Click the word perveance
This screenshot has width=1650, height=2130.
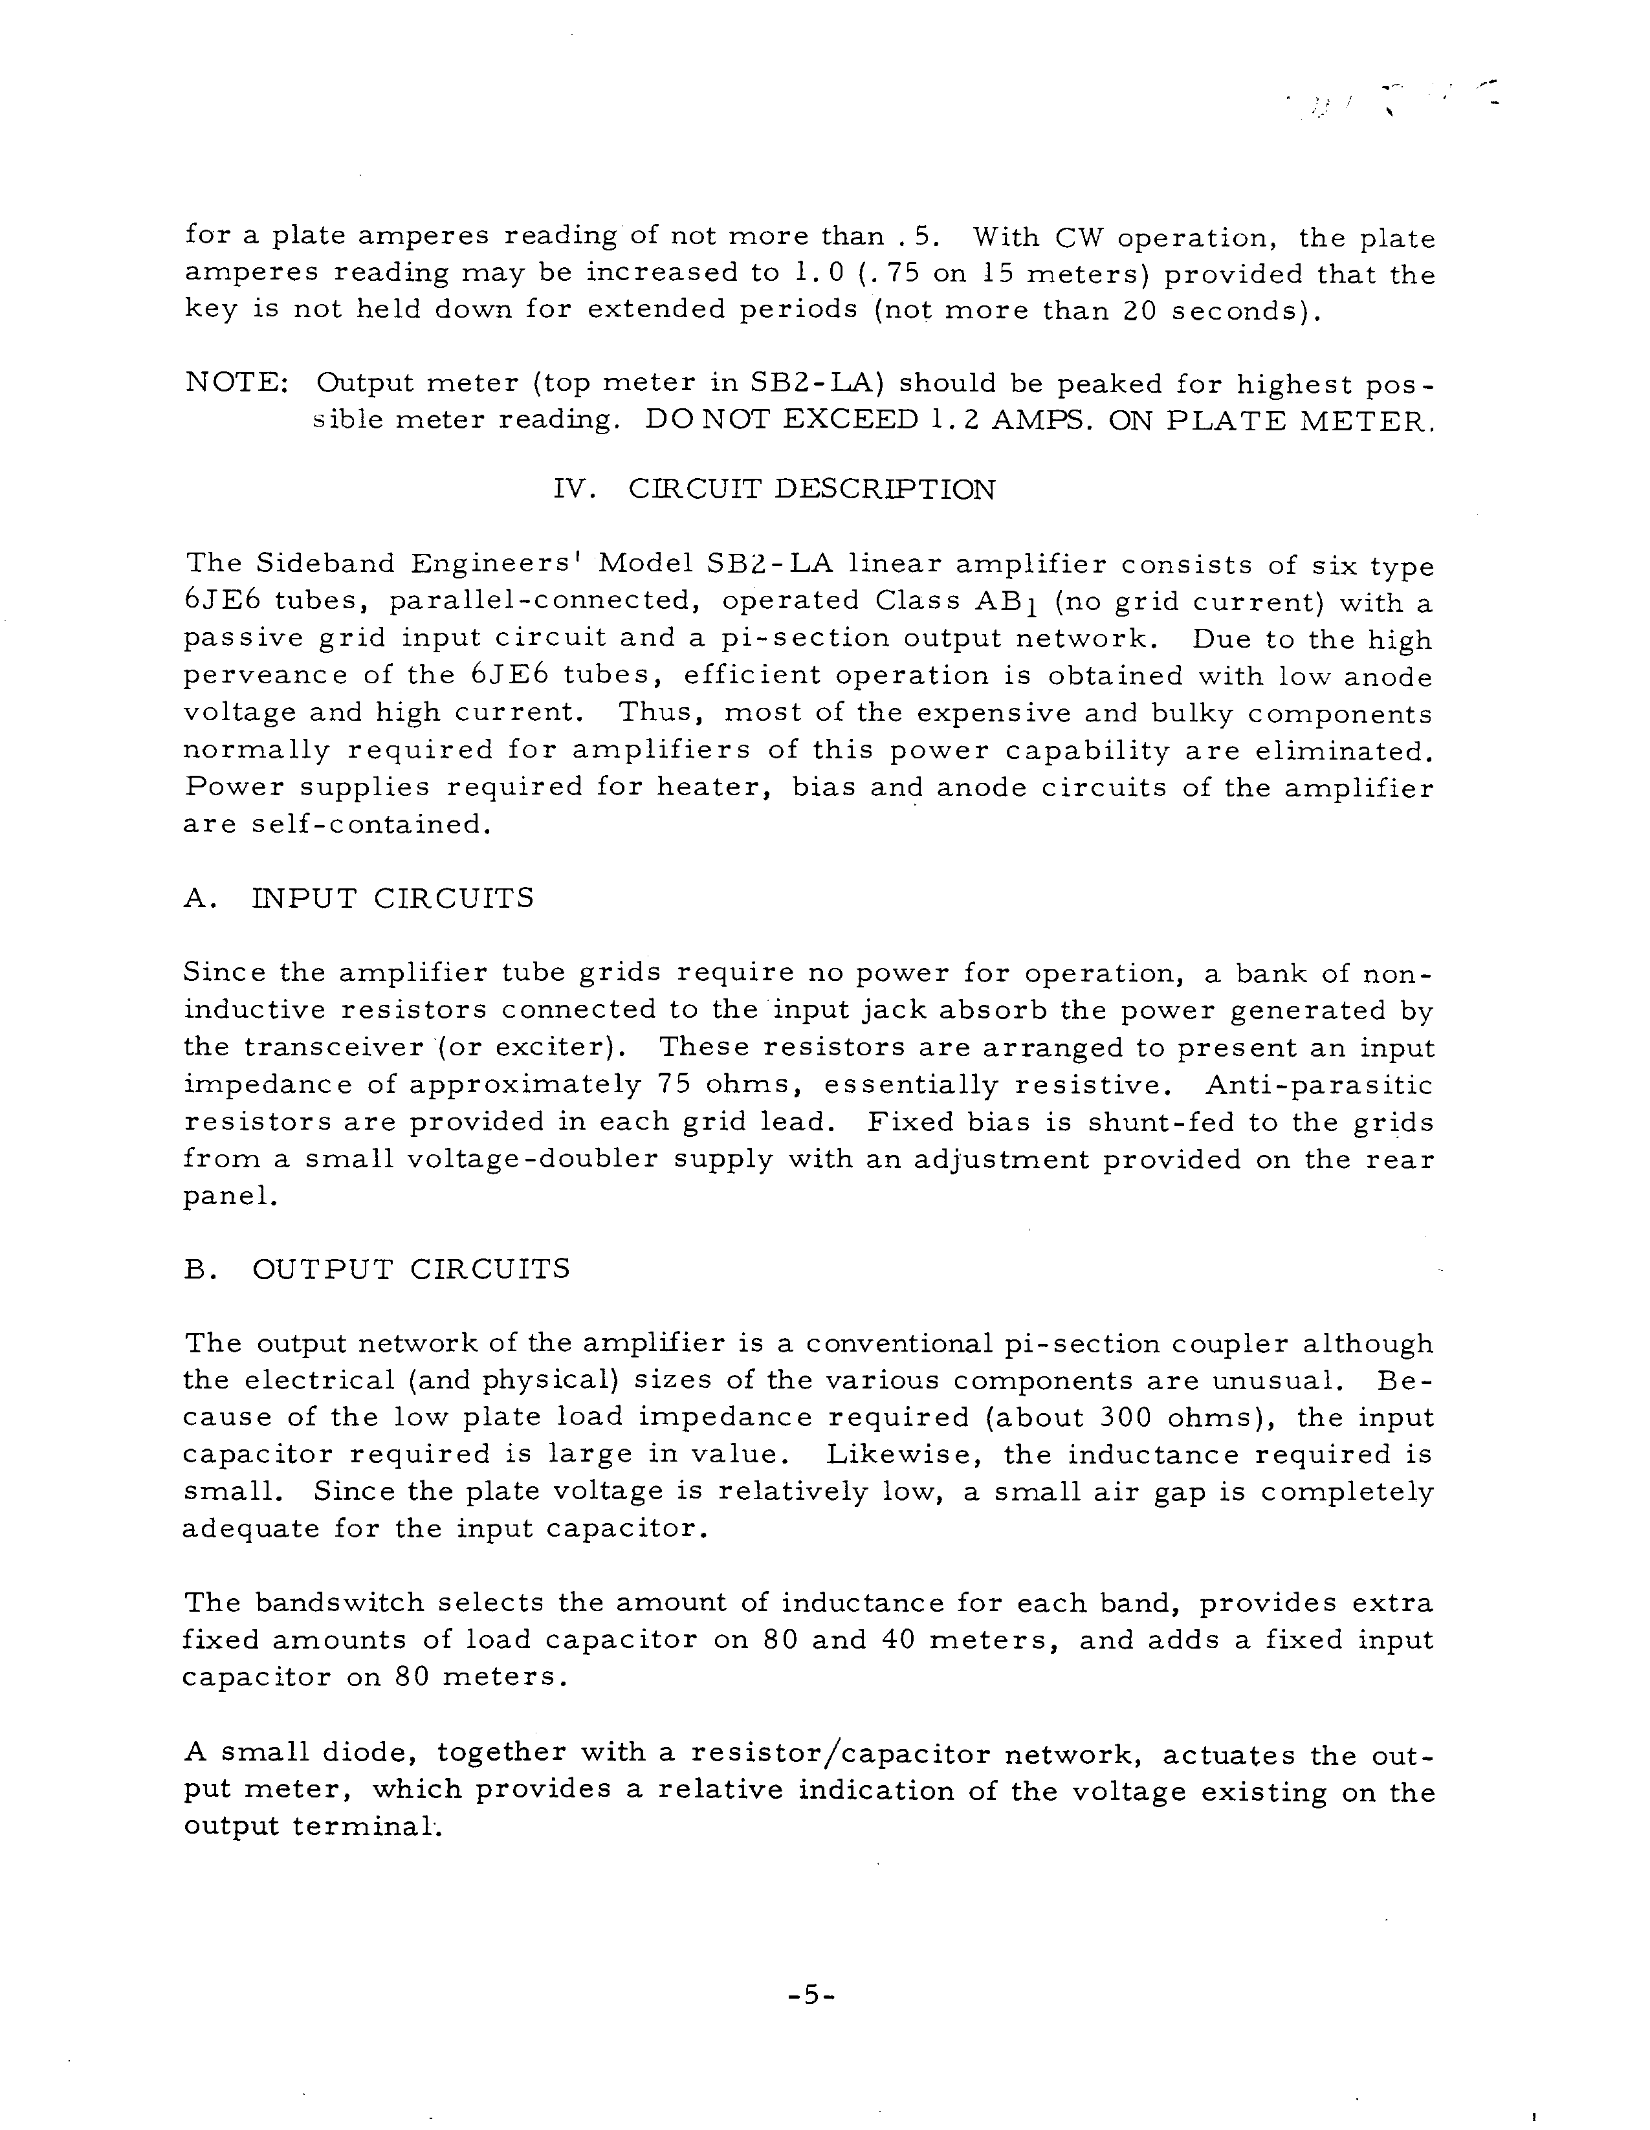(x=265, y=676)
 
